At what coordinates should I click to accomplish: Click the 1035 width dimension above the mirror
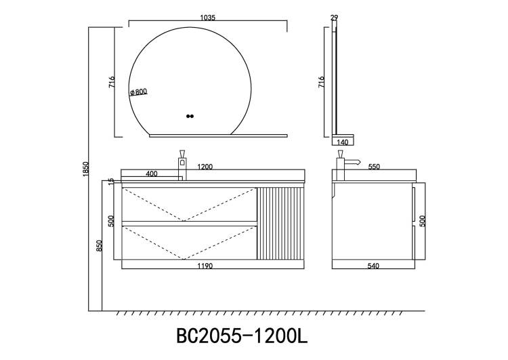pos(208,18)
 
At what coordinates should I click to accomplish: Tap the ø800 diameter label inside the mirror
pos(139,92)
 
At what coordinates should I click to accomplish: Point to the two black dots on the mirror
pos(190,116)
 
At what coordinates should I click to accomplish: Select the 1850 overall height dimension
pos(85,169)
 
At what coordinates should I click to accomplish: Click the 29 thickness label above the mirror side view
pos(335,18)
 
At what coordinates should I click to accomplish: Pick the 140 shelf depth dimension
pos(343,142)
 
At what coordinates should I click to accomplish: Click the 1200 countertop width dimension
pos(205,167)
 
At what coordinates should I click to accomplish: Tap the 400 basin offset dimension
pos(152,174)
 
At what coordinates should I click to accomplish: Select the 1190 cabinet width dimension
pos(205,266)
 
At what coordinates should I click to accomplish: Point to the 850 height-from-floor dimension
pos(99,245)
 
